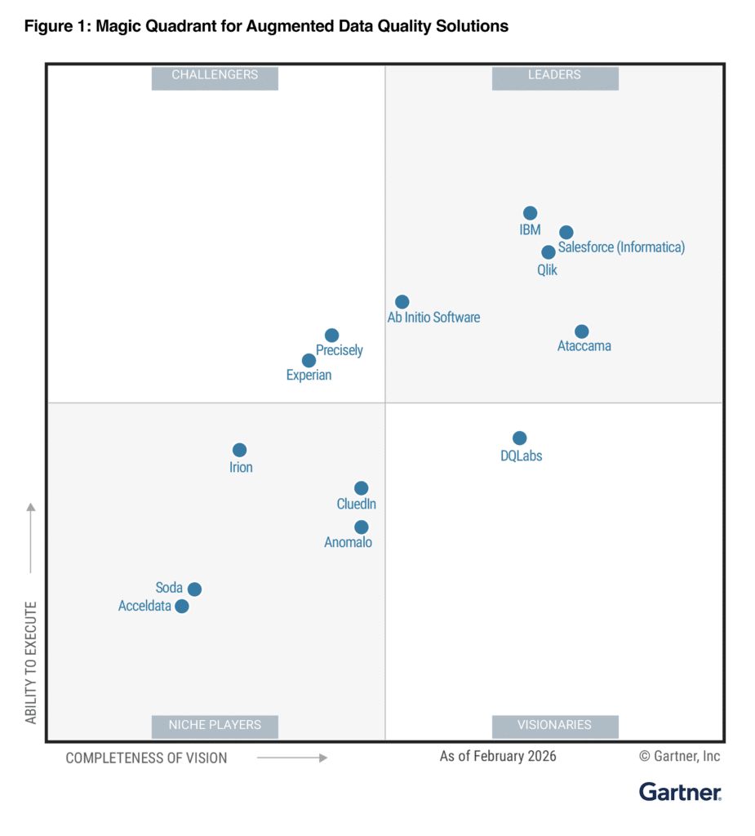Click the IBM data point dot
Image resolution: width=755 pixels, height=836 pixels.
point(531,214)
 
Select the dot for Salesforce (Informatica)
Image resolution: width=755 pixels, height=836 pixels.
point(566,233)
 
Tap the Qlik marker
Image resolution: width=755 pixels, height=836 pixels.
point(548,252)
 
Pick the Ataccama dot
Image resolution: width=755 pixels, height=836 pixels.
point(582,331)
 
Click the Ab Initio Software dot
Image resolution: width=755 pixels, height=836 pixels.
point(402,302)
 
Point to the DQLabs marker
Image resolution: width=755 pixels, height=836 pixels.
point(520,438)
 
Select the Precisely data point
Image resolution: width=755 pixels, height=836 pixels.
point(332,336)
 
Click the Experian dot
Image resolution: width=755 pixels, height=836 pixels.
point(309,361)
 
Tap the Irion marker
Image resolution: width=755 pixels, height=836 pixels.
point(240,451)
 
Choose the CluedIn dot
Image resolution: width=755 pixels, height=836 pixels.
point(362,488)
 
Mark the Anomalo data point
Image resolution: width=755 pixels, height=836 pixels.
point(362,527)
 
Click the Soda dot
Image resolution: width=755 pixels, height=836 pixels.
point(195,589)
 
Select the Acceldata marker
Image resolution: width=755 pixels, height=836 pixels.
point(183,607)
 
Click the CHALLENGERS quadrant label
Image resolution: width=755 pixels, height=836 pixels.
point(215,76)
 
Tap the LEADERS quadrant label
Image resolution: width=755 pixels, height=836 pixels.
point(555,76)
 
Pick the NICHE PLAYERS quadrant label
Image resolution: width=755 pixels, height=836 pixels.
point(215,725)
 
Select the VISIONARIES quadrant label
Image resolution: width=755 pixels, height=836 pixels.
point(555,725)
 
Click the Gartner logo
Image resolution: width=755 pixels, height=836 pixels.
point(680,792)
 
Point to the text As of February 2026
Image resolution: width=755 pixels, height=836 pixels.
point(498,756)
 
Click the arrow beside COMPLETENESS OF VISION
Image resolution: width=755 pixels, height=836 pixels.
point(292,758)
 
